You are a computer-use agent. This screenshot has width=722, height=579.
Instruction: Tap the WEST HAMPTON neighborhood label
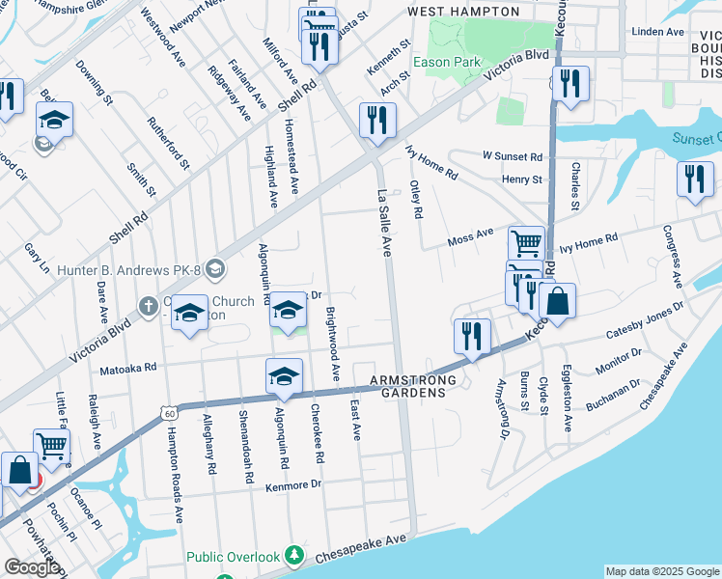point(463,12)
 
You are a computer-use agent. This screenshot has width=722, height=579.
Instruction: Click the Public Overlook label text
point(233,557)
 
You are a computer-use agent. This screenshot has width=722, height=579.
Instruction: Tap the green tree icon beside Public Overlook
point(296,557)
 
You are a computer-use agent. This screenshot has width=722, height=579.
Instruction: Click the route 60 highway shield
point(169,415)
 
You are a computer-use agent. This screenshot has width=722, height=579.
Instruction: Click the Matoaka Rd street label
point(128,368)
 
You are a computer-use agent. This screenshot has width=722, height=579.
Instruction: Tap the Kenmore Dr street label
point(292,484)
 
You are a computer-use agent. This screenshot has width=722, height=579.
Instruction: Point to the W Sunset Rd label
point(513,156)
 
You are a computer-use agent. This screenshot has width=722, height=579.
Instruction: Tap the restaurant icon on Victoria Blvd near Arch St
point(374,122)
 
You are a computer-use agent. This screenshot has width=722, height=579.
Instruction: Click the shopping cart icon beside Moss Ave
point(526,243)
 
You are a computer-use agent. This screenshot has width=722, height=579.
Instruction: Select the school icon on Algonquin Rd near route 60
point(284,377)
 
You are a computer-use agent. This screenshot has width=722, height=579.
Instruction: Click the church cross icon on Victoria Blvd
point(147,306)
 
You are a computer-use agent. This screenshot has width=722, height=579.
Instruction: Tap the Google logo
point(33,567)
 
